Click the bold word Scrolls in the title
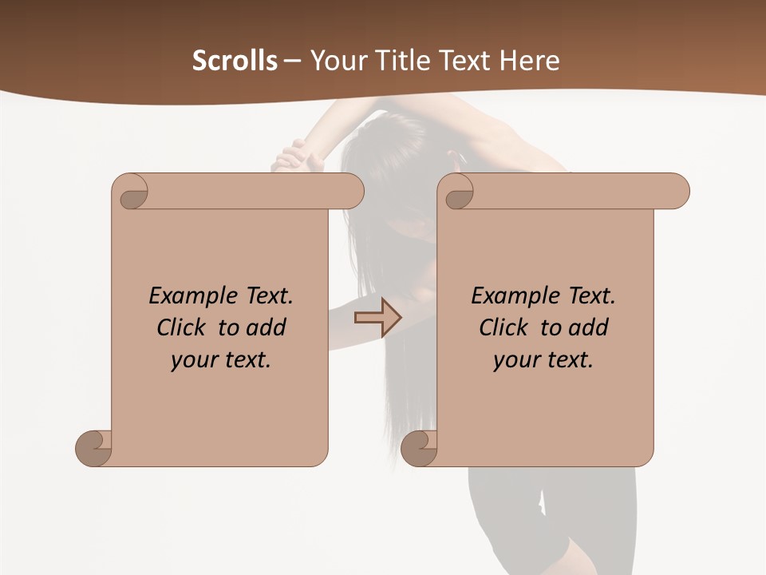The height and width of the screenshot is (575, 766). (235, 61)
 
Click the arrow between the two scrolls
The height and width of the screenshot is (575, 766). (377, 318)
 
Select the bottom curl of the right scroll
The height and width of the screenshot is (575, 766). (420, 448)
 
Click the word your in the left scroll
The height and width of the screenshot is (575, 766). (194, 360)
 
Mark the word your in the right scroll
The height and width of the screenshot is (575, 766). (516, 360)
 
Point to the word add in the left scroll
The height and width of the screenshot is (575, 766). (267, 327)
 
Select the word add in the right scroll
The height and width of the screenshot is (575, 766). (589, 327)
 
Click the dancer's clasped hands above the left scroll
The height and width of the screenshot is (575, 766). (294, 156)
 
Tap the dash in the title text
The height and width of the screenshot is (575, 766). (292, 61)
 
